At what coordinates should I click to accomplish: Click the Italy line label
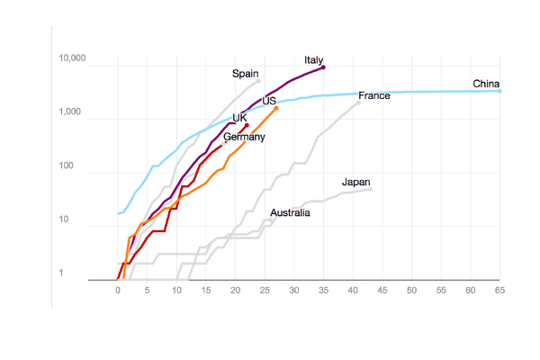point(314,60)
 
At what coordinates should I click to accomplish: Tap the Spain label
point(245,74)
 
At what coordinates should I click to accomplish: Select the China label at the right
point(486,84)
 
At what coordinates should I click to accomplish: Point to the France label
point(374,95)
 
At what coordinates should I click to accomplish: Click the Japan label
point(356,182)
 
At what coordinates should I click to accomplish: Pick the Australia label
point(290,213)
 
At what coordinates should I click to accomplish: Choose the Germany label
point(244,137)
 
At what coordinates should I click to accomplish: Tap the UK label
point(239,118)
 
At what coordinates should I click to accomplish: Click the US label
point(269,101)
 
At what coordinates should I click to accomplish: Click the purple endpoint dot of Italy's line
point(323,67)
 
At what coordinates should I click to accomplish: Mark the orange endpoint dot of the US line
point(276,108)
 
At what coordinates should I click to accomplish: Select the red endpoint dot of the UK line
point(247,125)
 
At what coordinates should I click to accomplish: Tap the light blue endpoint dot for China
point(499,91)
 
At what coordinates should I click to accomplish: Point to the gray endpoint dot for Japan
point(371,189)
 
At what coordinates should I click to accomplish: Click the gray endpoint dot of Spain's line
point(258,81)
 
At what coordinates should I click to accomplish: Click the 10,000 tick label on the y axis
point(72,58)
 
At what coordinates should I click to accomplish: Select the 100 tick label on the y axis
point(66,166)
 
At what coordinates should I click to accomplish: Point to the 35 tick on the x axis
point(323,291)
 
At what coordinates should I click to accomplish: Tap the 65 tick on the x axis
point(499,291)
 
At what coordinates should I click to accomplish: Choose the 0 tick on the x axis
point(118,291)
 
